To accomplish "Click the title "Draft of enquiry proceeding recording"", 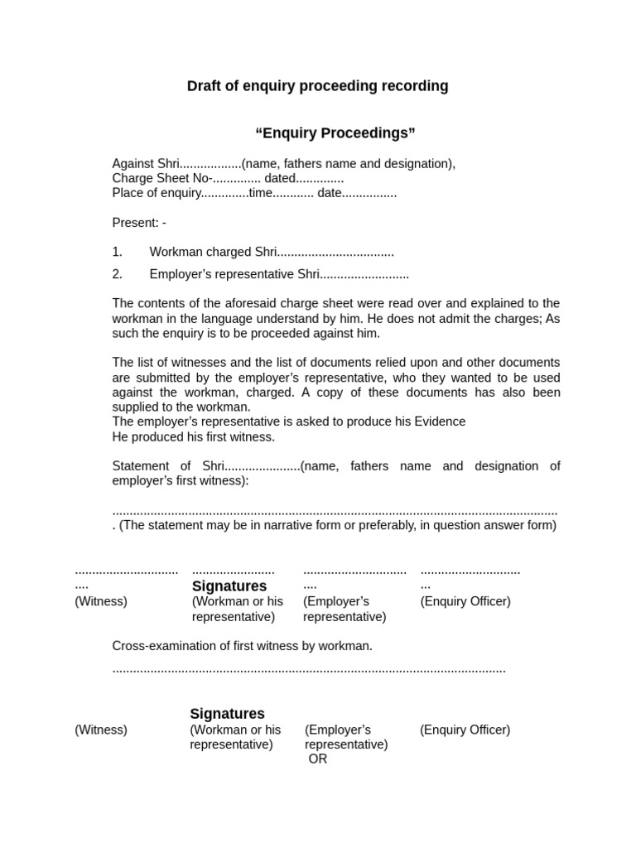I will point(317,86).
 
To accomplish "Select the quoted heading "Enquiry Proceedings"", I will point(335,133).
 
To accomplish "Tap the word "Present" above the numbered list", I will point(135,223).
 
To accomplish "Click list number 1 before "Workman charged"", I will point(117,253).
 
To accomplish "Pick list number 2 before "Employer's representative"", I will point(117,274).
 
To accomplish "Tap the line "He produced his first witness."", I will point(193,436).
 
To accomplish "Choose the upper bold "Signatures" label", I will point(229,586).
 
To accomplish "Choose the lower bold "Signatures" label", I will point(227,714).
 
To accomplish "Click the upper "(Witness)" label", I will point(101,601).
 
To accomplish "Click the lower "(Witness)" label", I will point(101,730).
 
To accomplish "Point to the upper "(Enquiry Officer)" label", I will point(465,601).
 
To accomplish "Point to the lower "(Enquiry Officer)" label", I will point(465,730).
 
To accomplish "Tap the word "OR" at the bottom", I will point(318,759).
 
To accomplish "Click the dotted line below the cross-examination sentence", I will point(308,669).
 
